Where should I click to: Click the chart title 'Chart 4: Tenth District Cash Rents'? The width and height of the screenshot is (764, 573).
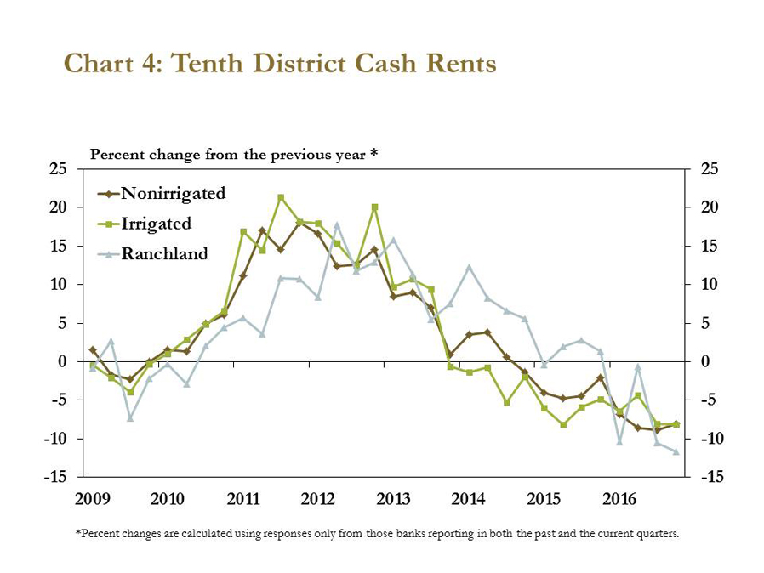point(280,65)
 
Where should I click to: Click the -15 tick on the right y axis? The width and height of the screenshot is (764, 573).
point(711,478)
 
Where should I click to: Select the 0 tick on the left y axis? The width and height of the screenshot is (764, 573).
point(63,361)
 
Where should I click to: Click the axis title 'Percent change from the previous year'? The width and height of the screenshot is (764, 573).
point(234,155)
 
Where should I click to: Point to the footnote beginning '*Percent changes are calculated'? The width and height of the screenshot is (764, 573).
point(378,534)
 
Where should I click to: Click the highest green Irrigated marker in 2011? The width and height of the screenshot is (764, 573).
point(281,197)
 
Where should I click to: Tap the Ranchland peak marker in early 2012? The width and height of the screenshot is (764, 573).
point(337,225)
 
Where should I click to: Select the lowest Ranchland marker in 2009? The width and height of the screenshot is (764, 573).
point(130,418)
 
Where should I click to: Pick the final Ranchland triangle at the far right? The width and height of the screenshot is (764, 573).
point(676,451)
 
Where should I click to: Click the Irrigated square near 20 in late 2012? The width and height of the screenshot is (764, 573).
point(374,207)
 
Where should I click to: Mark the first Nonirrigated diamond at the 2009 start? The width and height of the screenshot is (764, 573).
point(93,349)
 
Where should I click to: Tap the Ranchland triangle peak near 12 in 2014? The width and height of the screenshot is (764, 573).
point(469,267)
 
